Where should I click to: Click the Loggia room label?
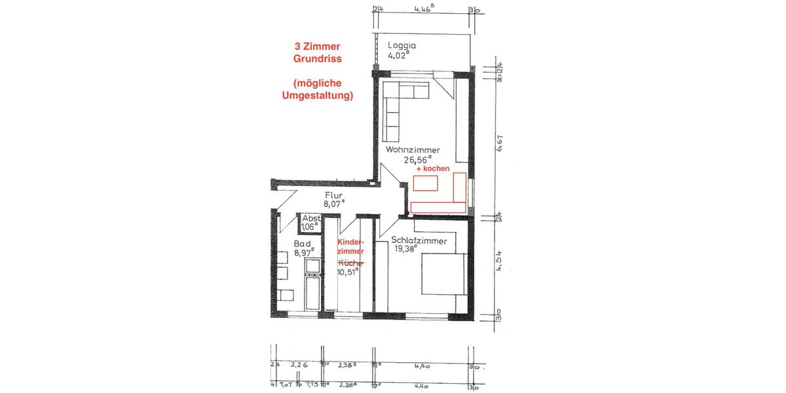pos(402,45)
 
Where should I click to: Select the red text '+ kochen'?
pos(433,169)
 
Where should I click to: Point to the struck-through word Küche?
pos(350,262)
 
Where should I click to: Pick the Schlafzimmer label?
pos(419,240)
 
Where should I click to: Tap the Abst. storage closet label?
pos(310,219)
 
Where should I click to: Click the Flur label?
pos(333,195)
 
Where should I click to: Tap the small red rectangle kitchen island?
pos(425,183)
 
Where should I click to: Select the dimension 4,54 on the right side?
pos(500,260)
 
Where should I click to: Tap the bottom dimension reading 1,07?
pos(286,386)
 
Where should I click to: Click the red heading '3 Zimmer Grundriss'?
pos(317,53)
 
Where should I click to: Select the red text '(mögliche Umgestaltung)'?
pos(317,89)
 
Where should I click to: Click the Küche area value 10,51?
pos(347,272)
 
